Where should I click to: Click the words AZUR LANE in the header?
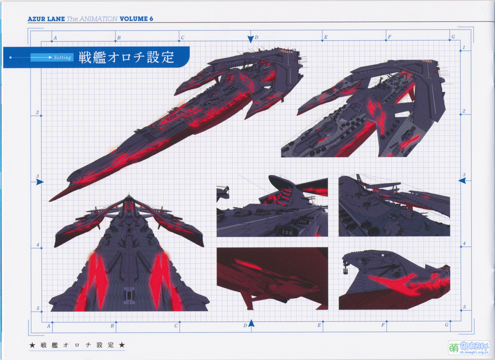tap(46, 19)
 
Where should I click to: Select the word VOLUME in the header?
tap(133, 19)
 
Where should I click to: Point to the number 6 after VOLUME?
tap(151, 19)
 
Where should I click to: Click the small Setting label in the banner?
tap(62, 58)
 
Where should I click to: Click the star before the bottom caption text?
tap(33, 345)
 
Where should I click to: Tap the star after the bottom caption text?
tap(121, 345)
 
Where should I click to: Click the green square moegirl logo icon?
tap(453, 347)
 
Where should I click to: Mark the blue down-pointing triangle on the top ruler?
tap(250, 39)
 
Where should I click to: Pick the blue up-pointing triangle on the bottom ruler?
tap(251, 324)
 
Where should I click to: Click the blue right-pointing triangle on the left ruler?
tap(40, 182)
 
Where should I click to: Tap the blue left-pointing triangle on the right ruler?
tap(462, 180)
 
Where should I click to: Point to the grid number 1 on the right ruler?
tap(464, 47)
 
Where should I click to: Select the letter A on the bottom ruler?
tap(48, 326)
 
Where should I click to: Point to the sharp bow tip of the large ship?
tap(50, 200)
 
